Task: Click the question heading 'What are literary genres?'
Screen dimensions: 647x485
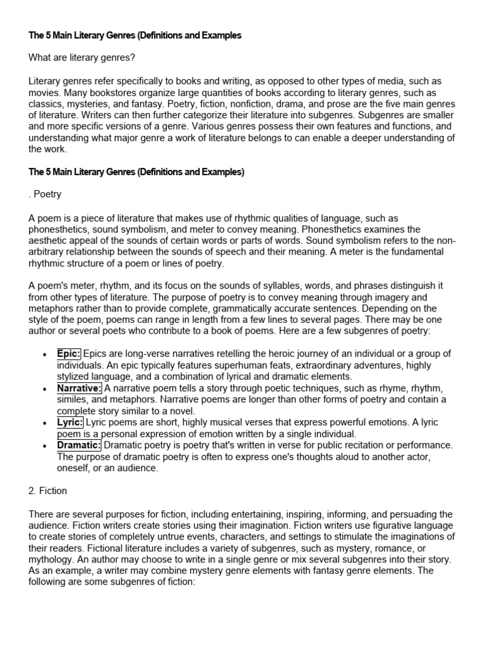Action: (82, 58)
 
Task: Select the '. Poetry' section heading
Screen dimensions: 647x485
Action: (45, 195)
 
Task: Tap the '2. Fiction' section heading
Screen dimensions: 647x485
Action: (48, 490)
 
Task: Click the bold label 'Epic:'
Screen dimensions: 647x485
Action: (69, 354)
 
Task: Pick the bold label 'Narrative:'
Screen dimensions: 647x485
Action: (80, 388)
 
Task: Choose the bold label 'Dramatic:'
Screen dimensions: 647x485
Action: (79, 445)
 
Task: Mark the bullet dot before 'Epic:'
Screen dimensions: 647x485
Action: (43, 354)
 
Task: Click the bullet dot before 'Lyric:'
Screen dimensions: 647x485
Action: (43, 423)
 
